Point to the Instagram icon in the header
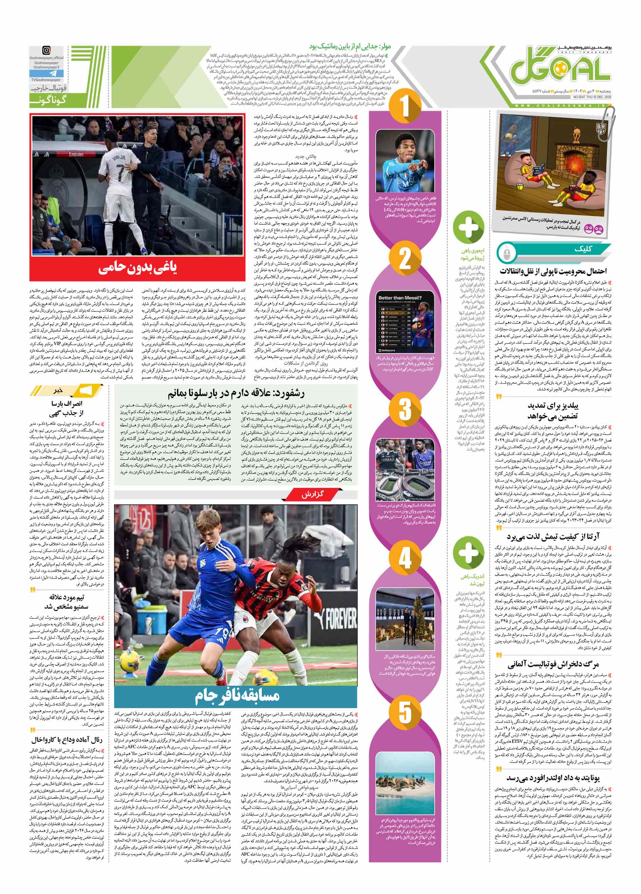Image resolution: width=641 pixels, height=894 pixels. [x=46, y=51]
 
